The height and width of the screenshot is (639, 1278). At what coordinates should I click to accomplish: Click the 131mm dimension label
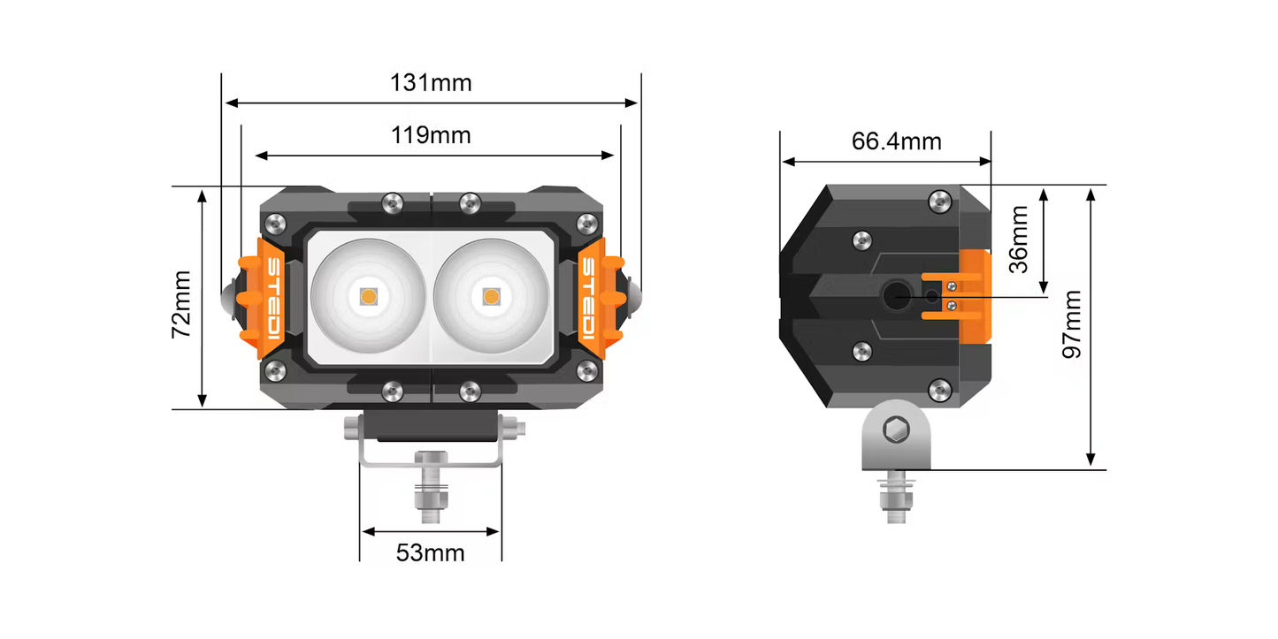(x=431, y=83)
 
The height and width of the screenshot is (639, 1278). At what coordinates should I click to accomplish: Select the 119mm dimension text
(x=431, y=135)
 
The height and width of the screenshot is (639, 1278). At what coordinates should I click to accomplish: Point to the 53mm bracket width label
(x=430, y=553)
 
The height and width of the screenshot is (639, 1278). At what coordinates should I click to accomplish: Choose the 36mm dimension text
(x=1019, y=240)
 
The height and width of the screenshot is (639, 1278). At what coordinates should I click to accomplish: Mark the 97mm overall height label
(x=1072, y=323)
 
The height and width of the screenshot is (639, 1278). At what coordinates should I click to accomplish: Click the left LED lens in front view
(x=368, y=296)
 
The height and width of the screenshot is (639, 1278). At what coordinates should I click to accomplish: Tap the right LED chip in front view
(x=491, y=297)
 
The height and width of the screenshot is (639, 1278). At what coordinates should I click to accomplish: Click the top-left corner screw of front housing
(x=276, y=223)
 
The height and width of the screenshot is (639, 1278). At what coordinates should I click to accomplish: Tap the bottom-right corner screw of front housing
(x=585, y=369)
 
